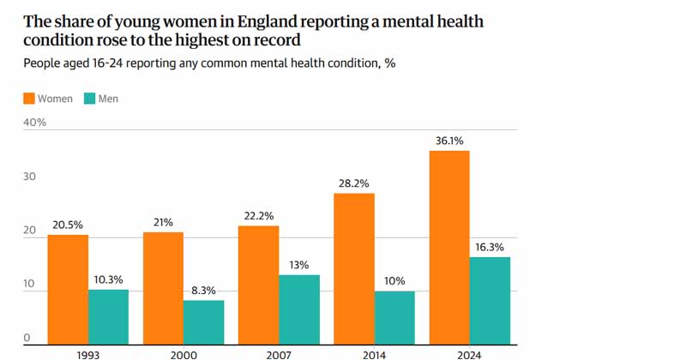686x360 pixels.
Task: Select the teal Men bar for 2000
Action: (203, 321)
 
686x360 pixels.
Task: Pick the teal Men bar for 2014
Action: (394, 317)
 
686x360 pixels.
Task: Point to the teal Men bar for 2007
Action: (298, 309)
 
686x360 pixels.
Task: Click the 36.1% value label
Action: (448, 141)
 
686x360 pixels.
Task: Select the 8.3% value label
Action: (203, 291)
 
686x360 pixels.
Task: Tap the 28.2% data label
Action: (353, 183)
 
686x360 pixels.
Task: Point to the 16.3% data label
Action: (490, 247)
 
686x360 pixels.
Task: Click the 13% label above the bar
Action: (298, 265)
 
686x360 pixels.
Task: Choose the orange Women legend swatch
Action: (28, 99)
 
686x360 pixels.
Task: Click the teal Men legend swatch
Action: (90, 99)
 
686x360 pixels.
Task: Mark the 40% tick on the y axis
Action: (35, 123)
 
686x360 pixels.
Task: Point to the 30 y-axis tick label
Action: (30, 177)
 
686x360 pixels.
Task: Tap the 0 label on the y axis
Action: (27, 338)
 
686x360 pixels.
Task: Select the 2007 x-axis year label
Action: (278, 352)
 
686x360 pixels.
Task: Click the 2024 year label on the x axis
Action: (469, 352)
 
